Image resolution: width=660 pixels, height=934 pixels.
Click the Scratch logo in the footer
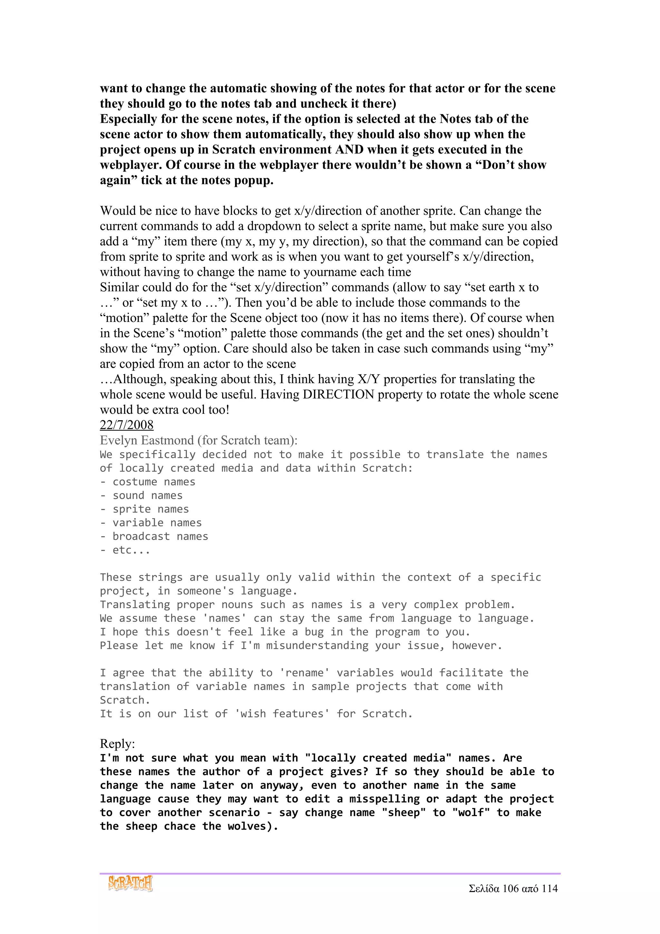130,883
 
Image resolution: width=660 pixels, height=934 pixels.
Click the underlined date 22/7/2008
126,425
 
